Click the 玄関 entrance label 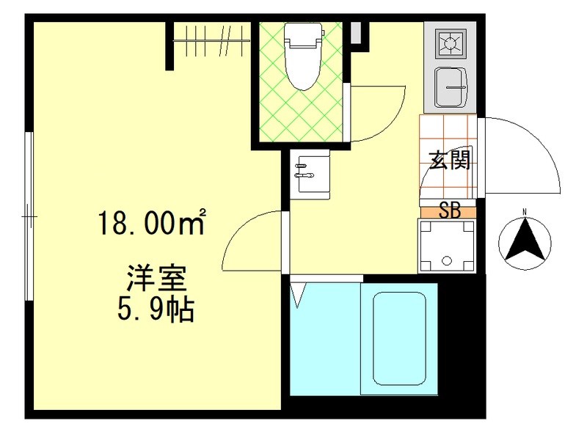[x=449, y=160]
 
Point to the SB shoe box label [x=449, y=211]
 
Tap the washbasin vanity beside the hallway [x=310, y=174]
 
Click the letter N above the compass [x=525, y=213]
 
